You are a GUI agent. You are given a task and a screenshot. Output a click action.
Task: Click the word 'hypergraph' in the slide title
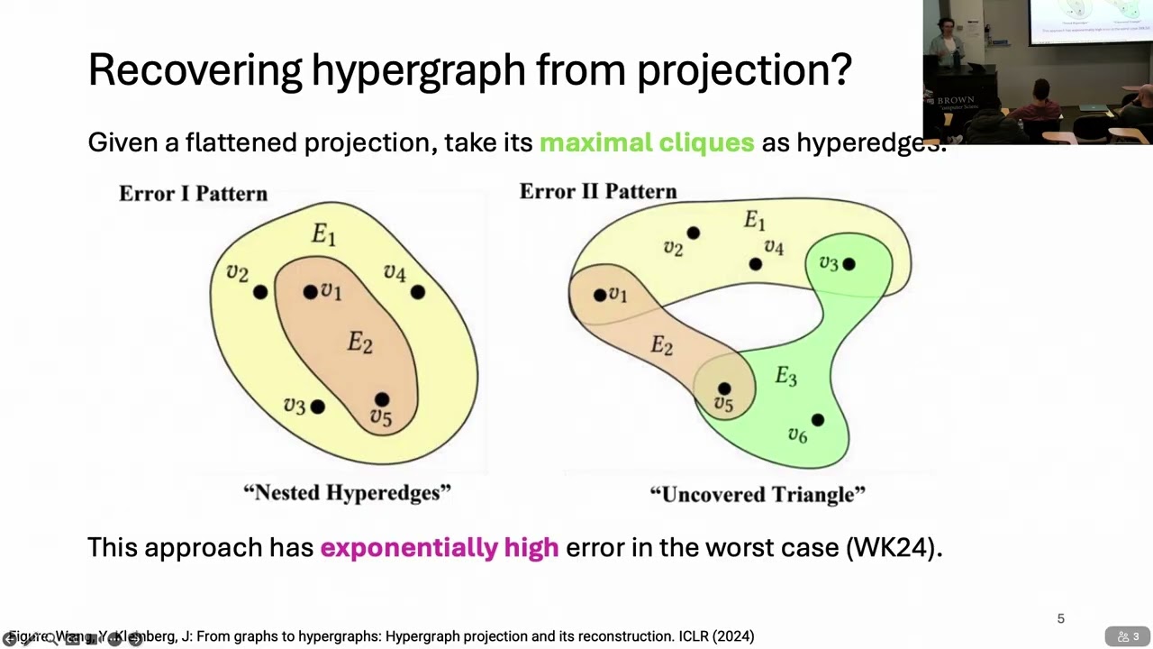pyautogui.click(x=418, y=70)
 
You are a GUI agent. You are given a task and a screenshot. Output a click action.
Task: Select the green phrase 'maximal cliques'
pyautogui.click(x=646, y=142)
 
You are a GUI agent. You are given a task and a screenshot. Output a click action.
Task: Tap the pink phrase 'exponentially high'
pyautogui.click(x=439, y=547)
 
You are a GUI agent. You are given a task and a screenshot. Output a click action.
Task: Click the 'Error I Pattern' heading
pyautogui.click(x=193, y=194)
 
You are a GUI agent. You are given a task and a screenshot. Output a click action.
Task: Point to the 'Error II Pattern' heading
pyautogui.click(x=597, y=192)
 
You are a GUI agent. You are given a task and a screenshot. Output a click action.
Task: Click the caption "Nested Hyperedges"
pyautogui.click(x=347, y=492)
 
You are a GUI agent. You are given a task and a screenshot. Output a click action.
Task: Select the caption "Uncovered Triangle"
pyautogui.click(x=757, y=494)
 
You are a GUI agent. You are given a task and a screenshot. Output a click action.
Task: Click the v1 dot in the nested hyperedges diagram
pyautogui.click(x=310, y=292)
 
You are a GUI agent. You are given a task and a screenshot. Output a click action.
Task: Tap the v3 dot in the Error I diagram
pyautogui.click(x=317, y=407)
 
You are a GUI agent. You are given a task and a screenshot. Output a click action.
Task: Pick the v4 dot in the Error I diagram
pyautogui.click(x=417, y=292)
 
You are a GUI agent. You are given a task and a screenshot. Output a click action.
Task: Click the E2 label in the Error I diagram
pyautogui.click(x=359, y=343)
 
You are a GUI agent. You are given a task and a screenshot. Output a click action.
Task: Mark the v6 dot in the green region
pyautogui.click(x=817, y=420)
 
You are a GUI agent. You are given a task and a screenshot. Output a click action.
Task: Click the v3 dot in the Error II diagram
pyautogui.click(x=849, y=264)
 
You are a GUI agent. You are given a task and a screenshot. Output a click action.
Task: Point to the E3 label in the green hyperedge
pyautogui.click(x=785, y=377)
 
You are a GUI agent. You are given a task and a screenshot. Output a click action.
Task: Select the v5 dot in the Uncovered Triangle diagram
pyautogui.click(x=724, y=389)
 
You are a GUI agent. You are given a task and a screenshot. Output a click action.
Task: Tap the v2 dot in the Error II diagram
pyautogui.click(x=693, y=233)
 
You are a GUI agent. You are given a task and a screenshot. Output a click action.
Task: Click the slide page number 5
pyautogui.click(x=1060, y=618)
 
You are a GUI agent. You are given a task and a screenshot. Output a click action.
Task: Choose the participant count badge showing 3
pyautogui.click(x=1129, y=636)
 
